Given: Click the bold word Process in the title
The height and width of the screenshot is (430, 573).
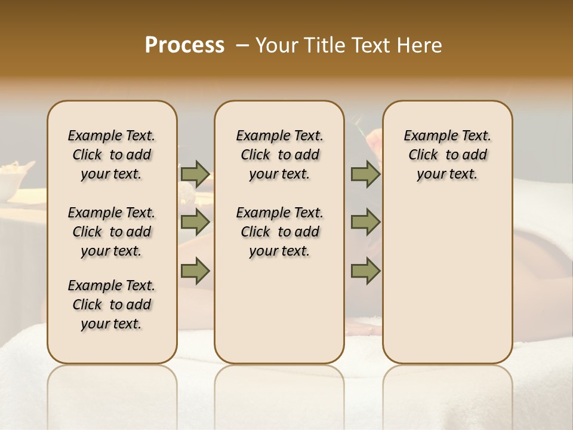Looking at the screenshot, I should (184, 45).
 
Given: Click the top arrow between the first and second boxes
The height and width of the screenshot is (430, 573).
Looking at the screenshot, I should (195, 174).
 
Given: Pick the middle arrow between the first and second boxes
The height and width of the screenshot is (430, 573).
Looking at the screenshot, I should (195, 222).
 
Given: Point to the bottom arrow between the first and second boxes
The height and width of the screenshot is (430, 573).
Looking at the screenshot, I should (195, 271).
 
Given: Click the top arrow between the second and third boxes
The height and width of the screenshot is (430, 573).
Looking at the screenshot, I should (365, 174).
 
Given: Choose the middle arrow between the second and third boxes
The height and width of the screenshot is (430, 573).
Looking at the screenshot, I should (365, 222).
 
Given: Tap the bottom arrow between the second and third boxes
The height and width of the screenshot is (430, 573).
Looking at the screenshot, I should (365, 271).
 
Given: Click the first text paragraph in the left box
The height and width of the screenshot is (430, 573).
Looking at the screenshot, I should (112, 155).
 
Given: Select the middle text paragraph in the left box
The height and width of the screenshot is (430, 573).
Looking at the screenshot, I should (112, 232).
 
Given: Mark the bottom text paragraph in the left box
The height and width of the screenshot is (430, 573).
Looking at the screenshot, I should (112, 305).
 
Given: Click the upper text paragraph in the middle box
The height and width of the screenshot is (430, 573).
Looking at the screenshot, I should (279, 155).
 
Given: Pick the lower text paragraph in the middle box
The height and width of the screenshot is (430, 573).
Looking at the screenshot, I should (279, 232).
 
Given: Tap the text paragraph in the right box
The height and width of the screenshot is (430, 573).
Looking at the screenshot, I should (448, 155).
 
